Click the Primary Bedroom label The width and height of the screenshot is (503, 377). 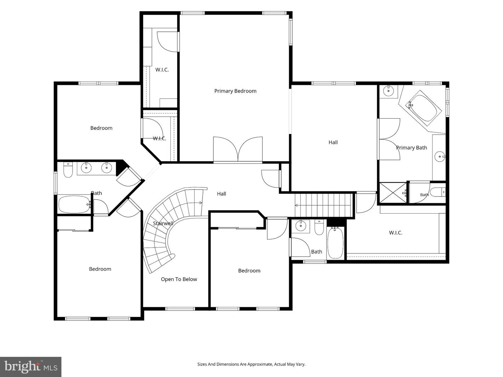pos(235,91)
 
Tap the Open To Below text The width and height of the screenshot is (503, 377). pos(179,279)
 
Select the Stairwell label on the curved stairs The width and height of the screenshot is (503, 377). pos(163,223)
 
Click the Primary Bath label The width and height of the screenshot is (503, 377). pos(411,148)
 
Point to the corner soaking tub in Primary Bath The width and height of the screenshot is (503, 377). pos(423,108)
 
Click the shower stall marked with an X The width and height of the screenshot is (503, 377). pos(393,192)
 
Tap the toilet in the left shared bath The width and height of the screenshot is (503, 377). pos(68,170)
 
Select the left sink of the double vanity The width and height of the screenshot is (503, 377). pos(86,168)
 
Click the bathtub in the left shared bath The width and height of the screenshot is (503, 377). pos(74,205)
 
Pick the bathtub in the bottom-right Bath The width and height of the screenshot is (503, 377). pos(335,243)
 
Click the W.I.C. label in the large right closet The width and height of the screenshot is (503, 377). pos(395,233)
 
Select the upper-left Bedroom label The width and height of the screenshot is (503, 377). pos(101,128)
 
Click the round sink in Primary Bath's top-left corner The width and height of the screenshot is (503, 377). pos(388,91)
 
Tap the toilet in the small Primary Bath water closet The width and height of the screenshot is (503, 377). pos(437,192)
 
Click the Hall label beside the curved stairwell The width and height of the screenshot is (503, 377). pos(221,194)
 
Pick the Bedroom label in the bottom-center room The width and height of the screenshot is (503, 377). pos(249,271)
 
